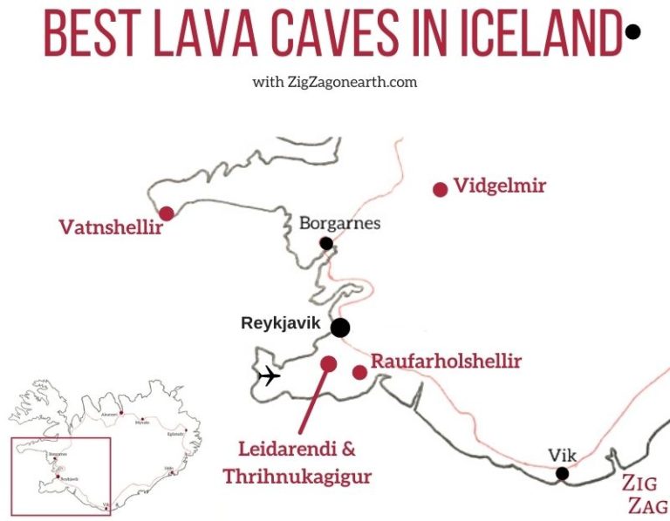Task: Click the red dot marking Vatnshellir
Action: pyautogui.click(x=166, y=213)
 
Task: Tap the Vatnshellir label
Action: pyautogui.click(x=111, y=228)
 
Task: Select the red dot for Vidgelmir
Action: pyautogui.click(x=440, y=189)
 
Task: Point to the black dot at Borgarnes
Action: pyautogui.click(x=326, y=243)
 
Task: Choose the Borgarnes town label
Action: pyautogui.click(x=339, y=223)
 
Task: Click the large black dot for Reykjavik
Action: pyautogui.click(x=340, y=328)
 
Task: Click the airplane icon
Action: pyautogui.click(x=270, y=376)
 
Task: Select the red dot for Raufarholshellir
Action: pyautogui.click(x=359, y=372)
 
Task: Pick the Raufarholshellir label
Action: pyautogui.click(x=446, y=361)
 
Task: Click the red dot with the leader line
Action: pyautogui.click(x=329, y=363)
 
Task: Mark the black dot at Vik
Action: pyautogui.click(x=563, y=473)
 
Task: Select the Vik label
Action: pyautogui.click(x=563, y=455)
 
